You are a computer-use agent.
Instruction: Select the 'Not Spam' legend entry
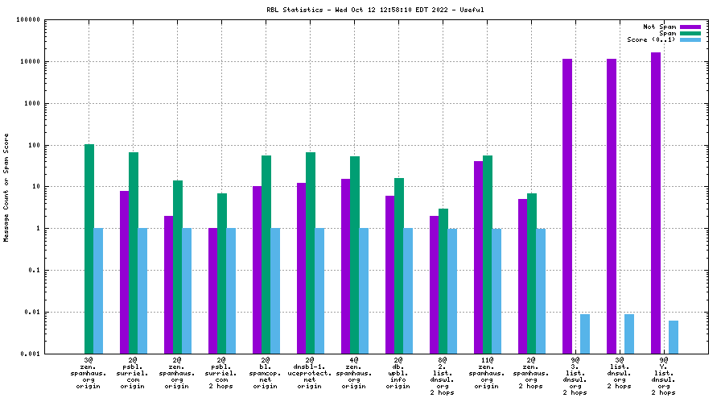pos(659,27)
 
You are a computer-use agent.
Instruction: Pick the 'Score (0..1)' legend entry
pos(651,39)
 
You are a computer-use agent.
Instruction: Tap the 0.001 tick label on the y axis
pos(29,354)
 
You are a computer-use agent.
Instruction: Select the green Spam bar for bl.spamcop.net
pos(266,254)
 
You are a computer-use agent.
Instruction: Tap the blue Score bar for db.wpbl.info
pos(408,290)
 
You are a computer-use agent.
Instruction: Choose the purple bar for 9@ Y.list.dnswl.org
pos(656,202)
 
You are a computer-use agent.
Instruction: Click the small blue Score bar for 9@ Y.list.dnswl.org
pos(674,337)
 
